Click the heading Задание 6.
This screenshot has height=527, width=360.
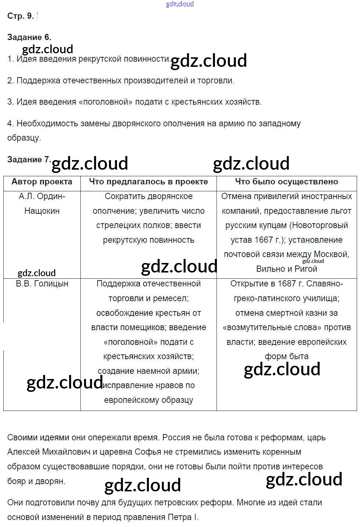point(29,37)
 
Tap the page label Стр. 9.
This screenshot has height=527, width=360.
point(21,16)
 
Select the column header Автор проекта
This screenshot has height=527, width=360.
point(42,181)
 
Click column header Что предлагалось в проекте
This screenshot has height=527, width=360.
point(148,181)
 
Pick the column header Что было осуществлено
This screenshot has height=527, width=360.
point(287,181)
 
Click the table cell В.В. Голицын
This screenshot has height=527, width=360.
point(42,284)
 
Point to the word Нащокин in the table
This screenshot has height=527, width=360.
point(42,211)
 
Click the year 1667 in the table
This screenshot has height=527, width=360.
point(263,240)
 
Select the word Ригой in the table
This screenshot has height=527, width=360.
point(306,269)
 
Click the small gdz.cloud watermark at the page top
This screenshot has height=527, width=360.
point(180,4)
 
